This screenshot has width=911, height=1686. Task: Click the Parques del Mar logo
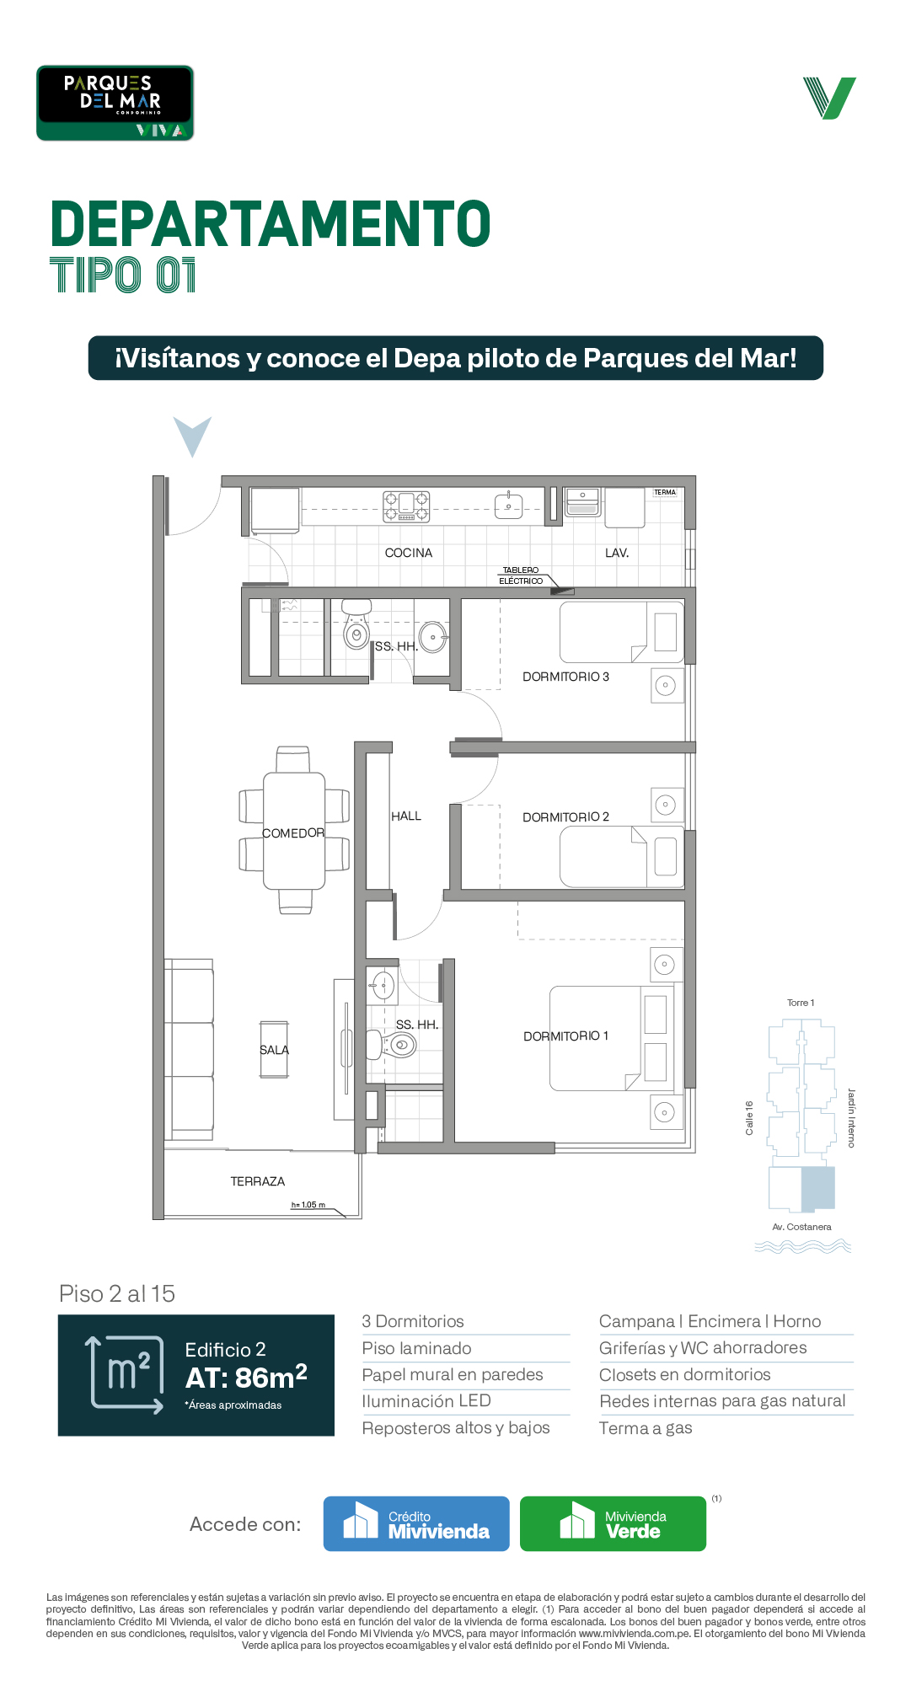click(x=115, y=103)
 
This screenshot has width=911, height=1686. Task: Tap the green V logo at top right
click(x=829, y=98)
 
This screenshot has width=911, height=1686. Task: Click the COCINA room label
click(x=409, y=553)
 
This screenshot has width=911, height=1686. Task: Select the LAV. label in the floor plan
click(x=617, y=553)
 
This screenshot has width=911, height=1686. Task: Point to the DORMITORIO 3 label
click(x=565, y=677)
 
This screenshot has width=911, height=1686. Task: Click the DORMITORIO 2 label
click(x=565, y=816)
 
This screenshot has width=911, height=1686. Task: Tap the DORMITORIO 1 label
click(x=565, y=1036)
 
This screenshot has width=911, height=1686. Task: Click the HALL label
click(x=406, y=816)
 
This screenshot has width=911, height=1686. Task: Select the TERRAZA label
click(x=258, y=1181)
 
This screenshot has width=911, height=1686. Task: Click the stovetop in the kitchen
click(x=406, y=506)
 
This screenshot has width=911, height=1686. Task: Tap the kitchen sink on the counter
click(x=508, y=506)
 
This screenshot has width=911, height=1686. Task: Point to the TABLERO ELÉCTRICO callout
click(x=521, y=575)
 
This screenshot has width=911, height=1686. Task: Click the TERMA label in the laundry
click(x=665, y=492)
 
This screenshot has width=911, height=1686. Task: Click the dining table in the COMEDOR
click(x=294, y=831)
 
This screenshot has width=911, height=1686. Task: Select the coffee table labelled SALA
click(x=274, y=1050)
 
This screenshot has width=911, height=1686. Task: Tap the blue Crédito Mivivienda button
click(x=416, y=1523)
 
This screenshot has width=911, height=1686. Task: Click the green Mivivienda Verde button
click(x=613, y=1523)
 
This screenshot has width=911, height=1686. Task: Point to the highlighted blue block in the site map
click(x=817, y=1188)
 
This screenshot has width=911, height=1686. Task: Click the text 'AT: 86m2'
click(x=246, y=1377)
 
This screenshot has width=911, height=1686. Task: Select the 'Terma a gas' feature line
click(x=646, y=1428)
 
